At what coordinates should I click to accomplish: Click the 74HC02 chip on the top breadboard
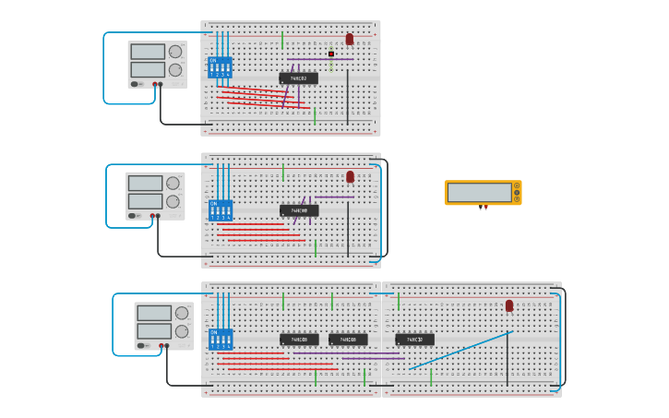point(298,78)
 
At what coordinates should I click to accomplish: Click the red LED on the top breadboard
point(350,39)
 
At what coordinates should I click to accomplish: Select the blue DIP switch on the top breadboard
point(220,67)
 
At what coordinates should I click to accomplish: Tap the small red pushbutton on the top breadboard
point(331,54)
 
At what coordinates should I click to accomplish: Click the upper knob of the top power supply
point(175,51)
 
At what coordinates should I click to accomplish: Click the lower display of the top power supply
point(148,69)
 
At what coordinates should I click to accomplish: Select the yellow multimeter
point(483,192)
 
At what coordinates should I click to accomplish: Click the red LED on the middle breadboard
point(350,176)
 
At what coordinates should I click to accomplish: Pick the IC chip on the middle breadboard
point(299,210)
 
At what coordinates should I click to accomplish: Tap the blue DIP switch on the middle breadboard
point(220,209)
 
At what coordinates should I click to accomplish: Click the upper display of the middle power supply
point(146,183)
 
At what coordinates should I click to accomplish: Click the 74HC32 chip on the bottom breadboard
point(414,340)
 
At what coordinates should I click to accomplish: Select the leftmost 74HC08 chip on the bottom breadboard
point(299,340)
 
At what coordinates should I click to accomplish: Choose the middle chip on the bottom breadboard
point(348,340)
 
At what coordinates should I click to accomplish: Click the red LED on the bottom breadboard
point(509,305)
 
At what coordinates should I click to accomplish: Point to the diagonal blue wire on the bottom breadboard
point(461,351)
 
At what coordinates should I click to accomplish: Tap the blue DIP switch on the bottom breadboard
point(221,339)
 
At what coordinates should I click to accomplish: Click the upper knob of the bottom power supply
point(182,313)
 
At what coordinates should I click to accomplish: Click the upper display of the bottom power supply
point(154,313)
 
